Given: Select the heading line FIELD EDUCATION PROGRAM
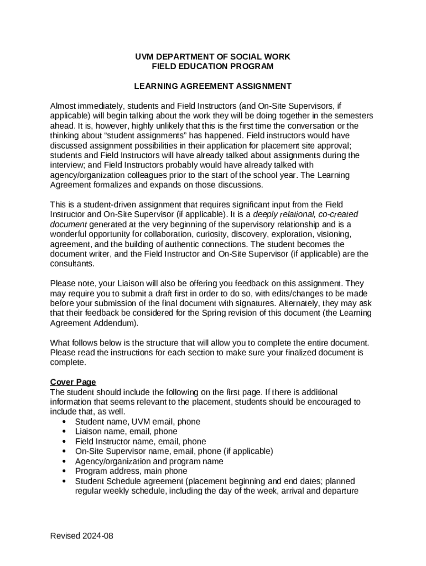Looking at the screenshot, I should pos(212,67).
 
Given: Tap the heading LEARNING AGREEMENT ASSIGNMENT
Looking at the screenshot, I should pos(212,86).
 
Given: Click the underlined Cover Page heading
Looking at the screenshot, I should pos(73,382).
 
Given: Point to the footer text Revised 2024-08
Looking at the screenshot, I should pos(82,536).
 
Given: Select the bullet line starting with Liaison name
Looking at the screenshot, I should pos(126,431).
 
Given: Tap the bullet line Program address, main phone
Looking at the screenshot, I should pos(131,471).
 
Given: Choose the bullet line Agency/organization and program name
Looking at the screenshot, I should pos(149,461).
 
